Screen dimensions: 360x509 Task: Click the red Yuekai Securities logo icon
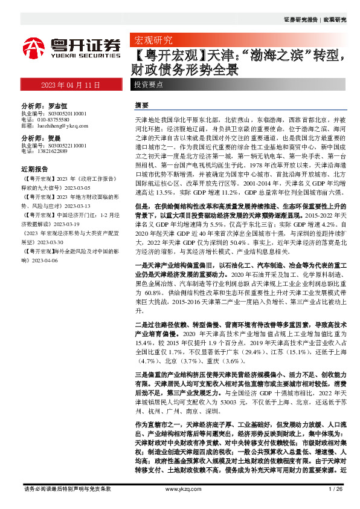[34, 47]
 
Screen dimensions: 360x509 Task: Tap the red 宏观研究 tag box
[152, 41]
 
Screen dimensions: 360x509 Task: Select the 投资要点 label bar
[149, 85]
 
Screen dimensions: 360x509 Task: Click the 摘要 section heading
[141, 105]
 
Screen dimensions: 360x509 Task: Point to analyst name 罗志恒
[58, 105]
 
